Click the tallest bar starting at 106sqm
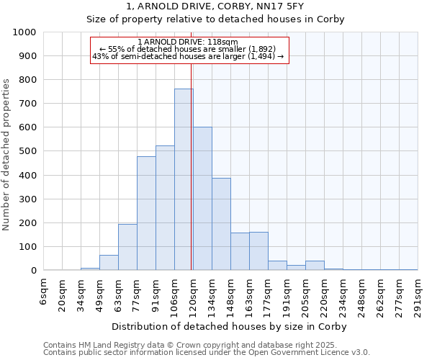(x=184, y=180)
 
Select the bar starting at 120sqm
(x=202, y=199)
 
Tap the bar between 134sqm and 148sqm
(x=221, y=224)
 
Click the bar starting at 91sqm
(x=165, y=208)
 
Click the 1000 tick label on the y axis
(x=24, y=32)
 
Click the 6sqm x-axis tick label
(x=44, y=291)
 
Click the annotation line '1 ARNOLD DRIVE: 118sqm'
(x=192, y=42)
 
